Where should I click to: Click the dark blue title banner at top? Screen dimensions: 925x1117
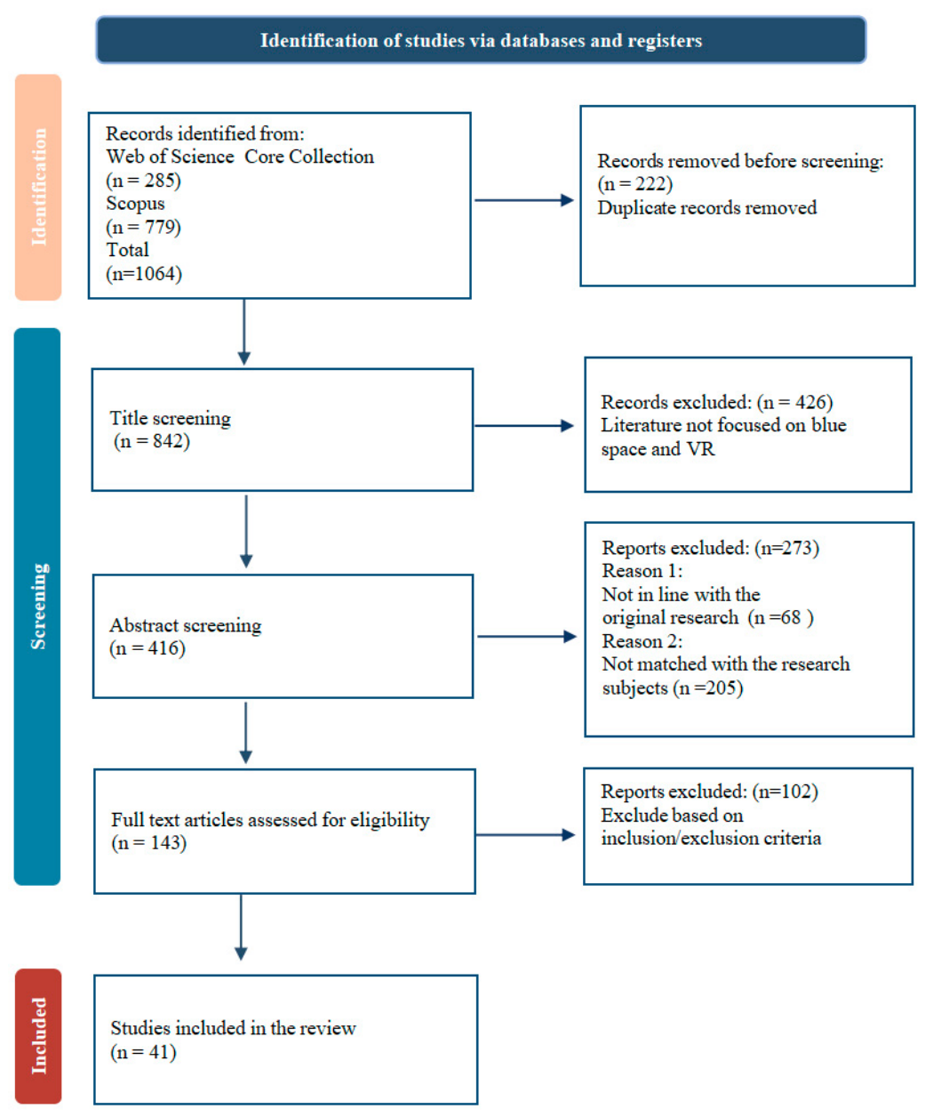pos(481,40)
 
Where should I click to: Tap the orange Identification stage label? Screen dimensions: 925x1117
pos(38,188)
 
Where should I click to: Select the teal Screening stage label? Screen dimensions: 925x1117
pos(37,607)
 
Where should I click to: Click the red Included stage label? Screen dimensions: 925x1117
pos(38,1036)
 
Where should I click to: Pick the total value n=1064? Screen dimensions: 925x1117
pos(144,273)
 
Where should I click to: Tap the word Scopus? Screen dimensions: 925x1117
pos(135,204)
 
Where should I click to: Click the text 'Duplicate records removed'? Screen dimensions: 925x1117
pos(706,207)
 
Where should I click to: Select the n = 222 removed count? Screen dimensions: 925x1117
pos(635,184)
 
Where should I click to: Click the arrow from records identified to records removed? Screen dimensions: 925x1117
pos(524,200)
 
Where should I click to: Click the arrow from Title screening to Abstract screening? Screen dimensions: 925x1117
pos(246,531)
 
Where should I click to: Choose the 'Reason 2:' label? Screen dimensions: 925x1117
pos(642,641)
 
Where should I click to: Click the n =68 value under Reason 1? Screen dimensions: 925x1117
pos(780,617)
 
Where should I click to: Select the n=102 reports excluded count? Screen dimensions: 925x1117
pos(785,792)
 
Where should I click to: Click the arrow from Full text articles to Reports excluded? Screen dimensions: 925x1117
pos(525,834)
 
